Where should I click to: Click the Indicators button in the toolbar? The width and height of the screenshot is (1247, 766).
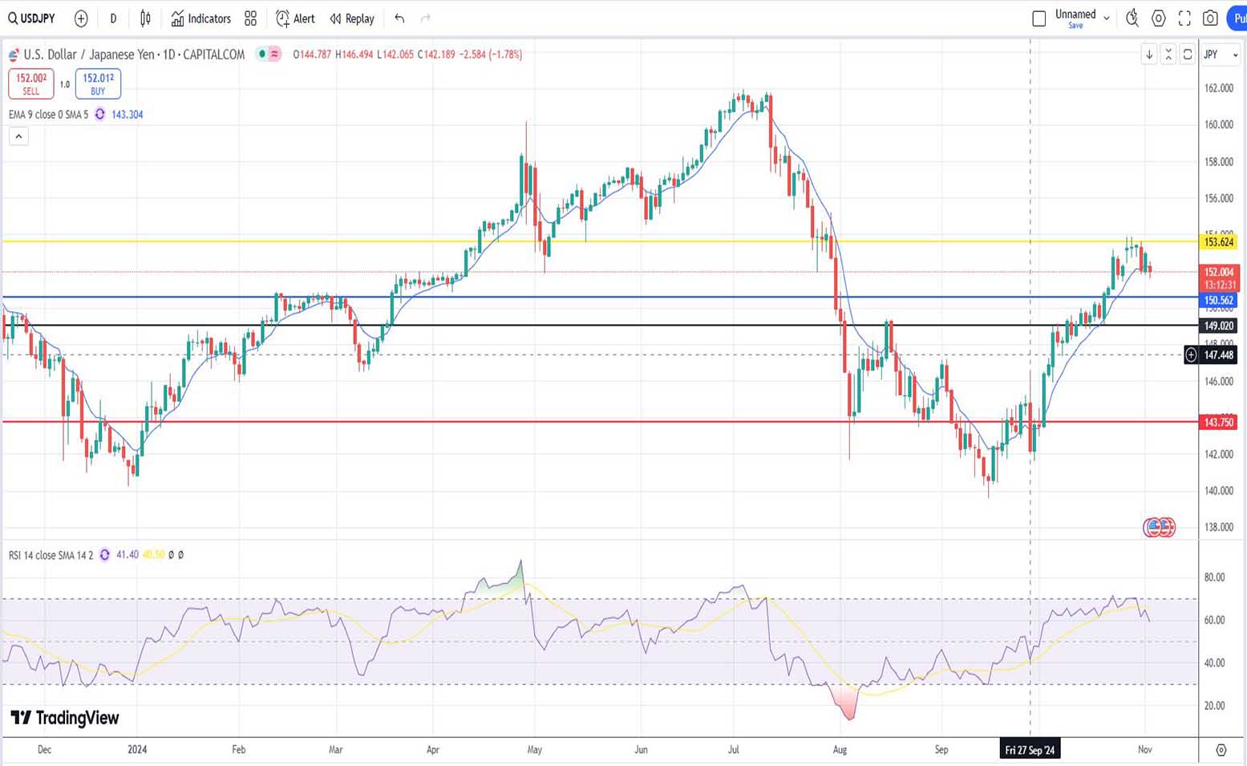200,18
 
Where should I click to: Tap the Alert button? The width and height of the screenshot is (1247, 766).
295,18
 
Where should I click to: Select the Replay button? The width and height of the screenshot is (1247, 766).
352,18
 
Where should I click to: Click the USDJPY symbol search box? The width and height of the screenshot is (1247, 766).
32,18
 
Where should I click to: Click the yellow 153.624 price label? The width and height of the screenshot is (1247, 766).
1218,242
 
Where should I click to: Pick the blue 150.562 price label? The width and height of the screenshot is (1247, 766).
1218,301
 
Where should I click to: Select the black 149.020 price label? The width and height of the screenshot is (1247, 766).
1218,326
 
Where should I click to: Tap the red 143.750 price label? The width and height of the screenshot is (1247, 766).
1218,423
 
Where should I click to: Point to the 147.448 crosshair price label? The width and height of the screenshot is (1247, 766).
1218,355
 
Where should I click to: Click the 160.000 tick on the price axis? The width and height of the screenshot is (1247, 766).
1219,125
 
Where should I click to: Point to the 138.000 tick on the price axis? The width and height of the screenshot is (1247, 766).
1219,528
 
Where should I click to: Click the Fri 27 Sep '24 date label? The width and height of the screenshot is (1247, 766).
1030,750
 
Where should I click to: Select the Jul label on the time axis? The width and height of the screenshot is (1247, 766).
733,750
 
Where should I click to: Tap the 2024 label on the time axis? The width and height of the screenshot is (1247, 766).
137,750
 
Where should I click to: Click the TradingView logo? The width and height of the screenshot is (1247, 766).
65,718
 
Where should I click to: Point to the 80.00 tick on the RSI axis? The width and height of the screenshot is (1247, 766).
1214,578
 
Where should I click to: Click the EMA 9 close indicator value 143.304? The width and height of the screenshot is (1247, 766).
127,115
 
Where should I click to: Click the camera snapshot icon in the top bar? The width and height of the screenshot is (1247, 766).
1210,18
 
